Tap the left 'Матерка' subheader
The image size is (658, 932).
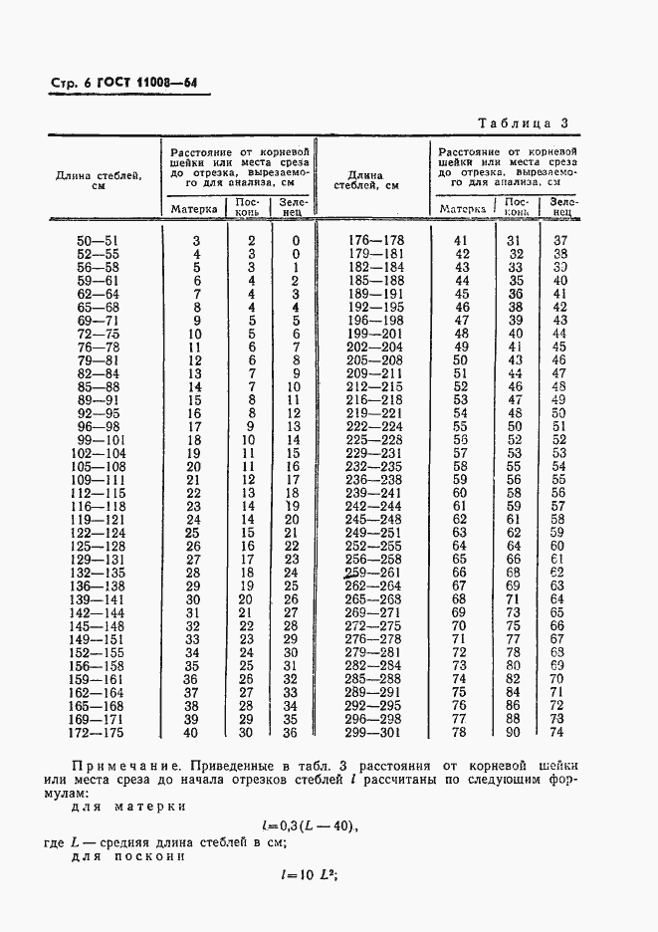click(194, 209)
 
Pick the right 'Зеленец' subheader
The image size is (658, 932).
click(560, 207)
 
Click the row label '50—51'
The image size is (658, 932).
click(98, 241)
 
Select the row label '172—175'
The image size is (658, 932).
click(98, 733)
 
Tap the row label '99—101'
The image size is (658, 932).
click(98, 440)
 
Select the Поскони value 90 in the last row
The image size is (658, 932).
click(514, 733)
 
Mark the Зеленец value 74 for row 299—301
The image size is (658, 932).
click(558, 733)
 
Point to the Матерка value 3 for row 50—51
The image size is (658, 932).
click(196, 241)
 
